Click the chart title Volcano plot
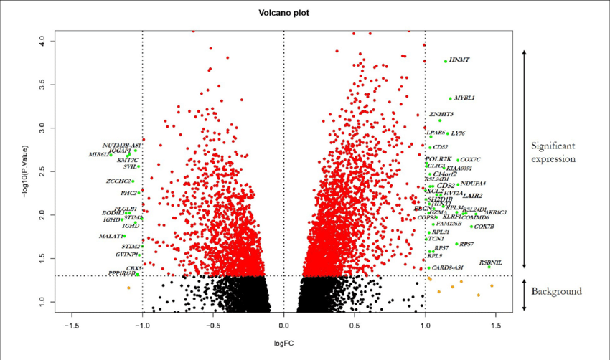(x=284, y=12)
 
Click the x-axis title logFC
(x=283, y=343)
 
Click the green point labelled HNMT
(x=446, y=61)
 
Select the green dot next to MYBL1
(x=450, y=98)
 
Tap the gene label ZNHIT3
(x=441, y=114)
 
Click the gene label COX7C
(x=470, y=159)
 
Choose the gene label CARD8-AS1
(x=447, y=267)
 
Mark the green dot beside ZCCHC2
(x=132, y=181)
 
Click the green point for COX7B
(x=471, y=227)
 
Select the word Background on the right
(x=556, y=291)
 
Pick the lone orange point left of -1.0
(x=128, y=288)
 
